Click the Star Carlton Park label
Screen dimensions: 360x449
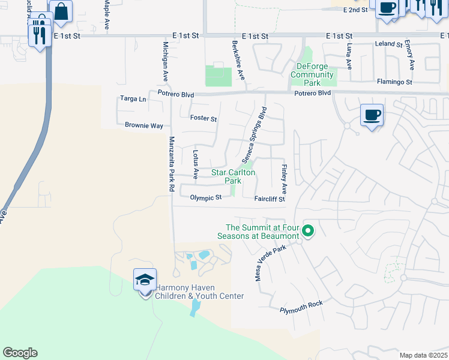[x=234, y=176]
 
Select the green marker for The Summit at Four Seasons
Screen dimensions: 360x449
[x=309, y=230]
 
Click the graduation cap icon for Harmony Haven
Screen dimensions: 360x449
[x=145, y=280]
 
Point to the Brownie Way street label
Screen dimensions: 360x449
[x=144, y=126]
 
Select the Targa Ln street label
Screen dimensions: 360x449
[x=133, y=98]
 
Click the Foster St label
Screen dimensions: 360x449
[x=203, y=118]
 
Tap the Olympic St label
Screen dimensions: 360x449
[x=206, y=197]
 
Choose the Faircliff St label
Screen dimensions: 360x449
[x=270, y=199]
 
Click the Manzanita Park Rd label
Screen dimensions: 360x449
[x=172, y=164]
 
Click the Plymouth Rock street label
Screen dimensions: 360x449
[x=301, y=307]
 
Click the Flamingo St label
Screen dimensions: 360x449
[x=394, y=82]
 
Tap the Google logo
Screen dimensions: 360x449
[x=20, y=353]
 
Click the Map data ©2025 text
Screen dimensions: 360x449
[x=423, y=355]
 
